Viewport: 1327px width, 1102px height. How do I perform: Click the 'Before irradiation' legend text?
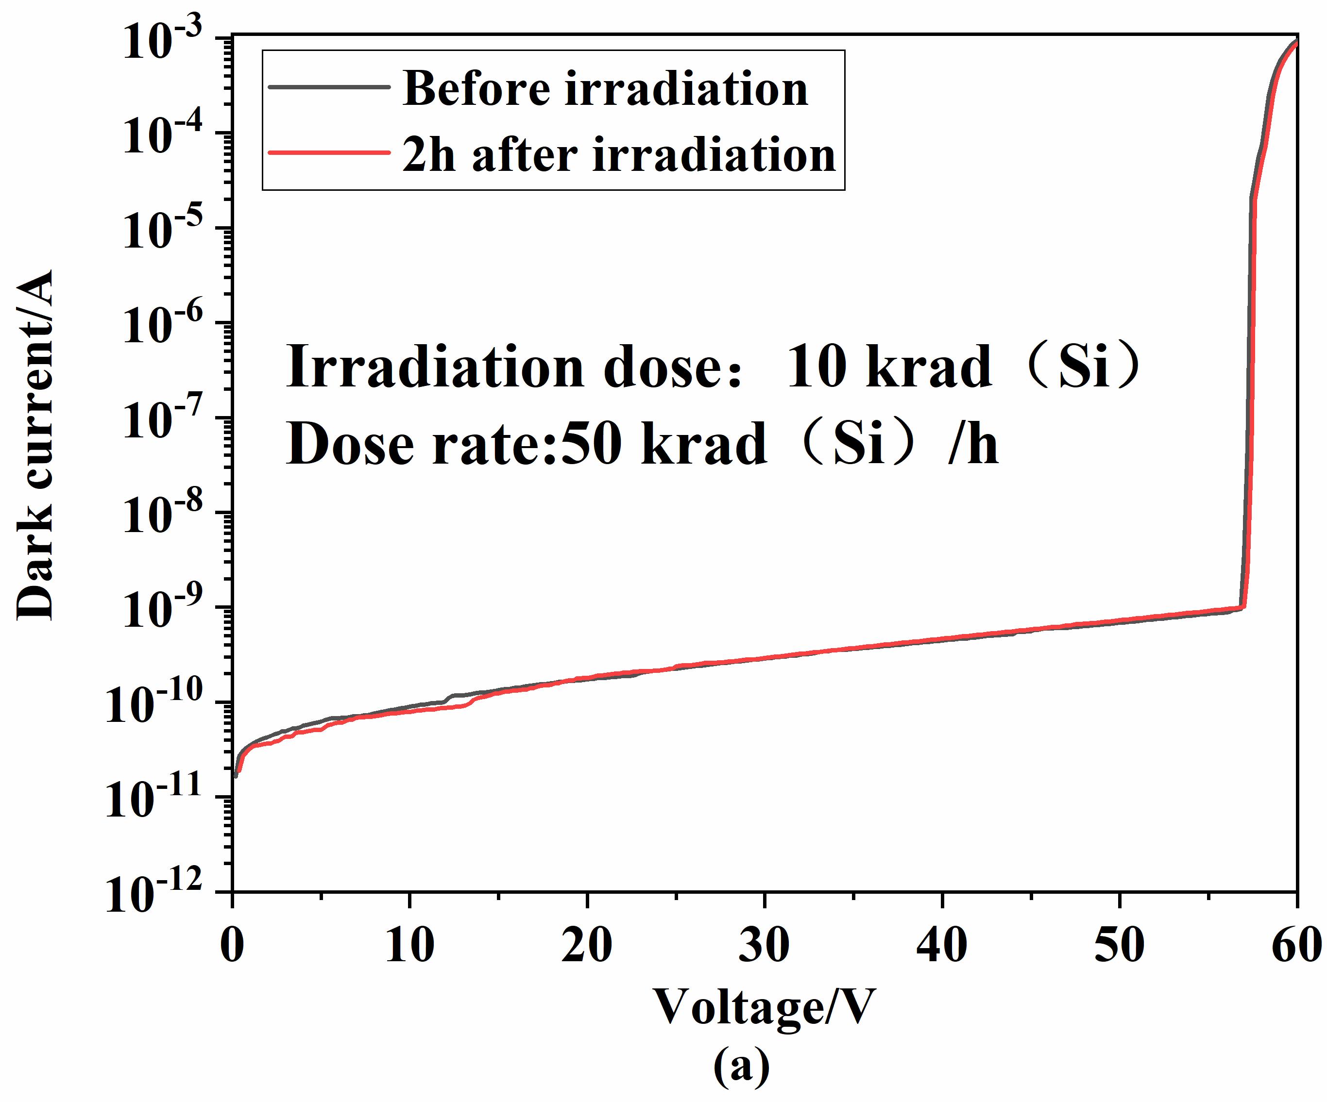(605, 89)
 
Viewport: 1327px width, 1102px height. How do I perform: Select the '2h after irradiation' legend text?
(619, 155)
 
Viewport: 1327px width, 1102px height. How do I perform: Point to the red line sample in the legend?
(328, 152)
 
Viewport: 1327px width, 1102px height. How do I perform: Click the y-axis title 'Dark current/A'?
(35, 445)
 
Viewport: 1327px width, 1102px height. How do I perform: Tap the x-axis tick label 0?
(233, 945)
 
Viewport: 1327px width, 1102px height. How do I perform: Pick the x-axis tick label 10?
(409, 945)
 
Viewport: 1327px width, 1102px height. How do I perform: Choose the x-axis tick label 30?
(764, 945)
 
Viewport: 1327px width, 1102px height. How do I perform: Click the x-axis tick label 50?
(1119, 945)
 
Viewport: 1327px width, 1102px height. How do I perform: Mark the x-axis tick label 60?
(1295, 945)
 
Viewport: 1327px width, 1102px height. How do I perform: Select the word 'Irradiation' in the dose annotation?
(435, 367)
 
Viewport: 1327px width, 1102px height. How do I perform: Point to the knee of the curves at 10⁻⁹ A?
(1243, 607)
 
